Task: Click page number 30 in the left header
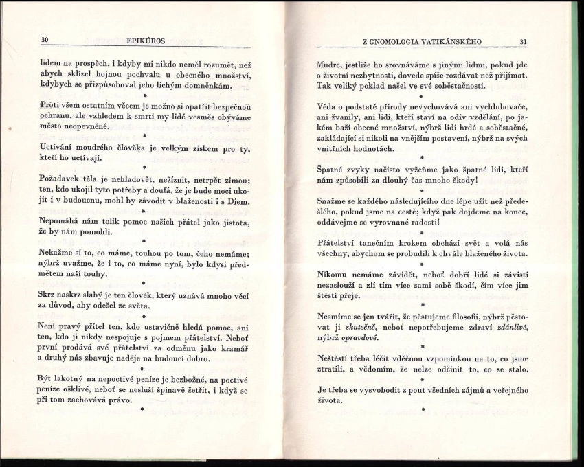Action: click(x=45, y=41)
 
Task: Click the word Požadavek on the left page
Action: click(x=63, y=177)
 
